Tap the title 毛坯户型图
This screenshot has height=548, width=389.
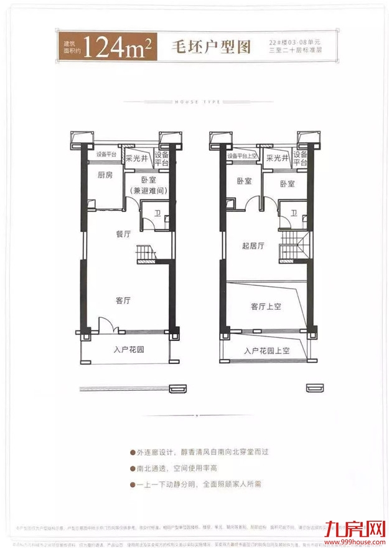pos(204,47)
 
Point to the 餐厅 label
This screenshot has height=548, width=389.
pos(123,234)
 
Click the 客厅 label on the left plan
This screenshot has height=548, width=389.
pos(123,300)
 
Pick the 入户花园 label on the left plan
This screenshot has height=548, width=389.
pos(129,350)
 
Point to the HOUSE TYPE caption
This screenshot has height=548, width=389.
pos(195,100)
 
